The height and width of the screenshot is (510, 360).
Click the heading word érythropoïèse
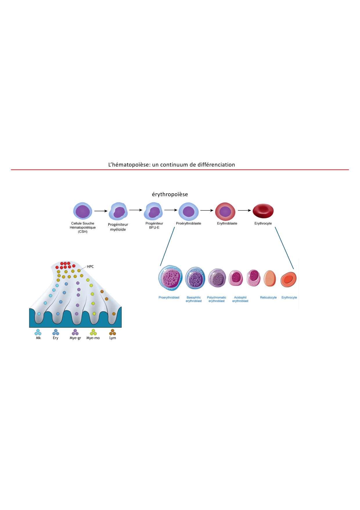170,194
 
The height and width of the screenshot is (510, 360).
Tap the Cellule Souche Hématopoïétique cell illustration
83,211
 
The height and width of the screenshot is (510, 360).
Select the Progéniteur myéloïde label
118,227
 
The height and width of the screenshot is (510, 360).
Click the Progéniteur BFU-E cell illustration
154,211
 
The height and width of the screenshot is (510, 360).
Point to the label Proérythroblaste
188,223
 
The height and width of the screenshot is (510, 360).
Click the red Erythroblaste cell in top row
225,211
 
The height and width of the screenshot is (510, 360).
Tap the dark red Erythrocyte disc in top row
263,211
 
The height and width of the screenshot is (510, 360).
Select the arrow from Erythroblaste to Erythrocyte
244,210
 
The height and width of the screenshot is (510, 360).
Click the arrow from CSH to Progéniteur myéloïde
101,211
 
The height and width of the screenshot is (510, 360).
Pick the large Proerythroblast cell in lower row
170,278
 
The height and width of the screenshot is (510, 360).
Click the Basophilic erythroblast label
194,299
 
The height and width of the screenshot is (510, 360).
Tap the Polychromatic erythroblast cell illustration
217,278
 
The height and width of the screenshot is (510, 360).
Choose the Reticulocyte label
268,298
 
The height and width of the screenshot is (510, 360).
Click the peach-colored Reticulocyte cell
270,278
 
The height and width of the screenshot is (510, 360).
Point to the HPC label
90,266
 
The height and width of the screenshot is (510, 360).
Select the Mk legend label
38,338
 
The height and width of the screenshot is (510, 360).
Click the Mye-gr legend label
75,338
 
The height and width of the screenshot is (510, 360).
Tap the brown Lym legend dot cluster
113,332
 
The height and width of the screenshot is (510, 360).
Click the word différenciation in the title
216,165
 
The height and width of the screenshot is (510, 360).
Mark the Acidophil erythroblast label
240,299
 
